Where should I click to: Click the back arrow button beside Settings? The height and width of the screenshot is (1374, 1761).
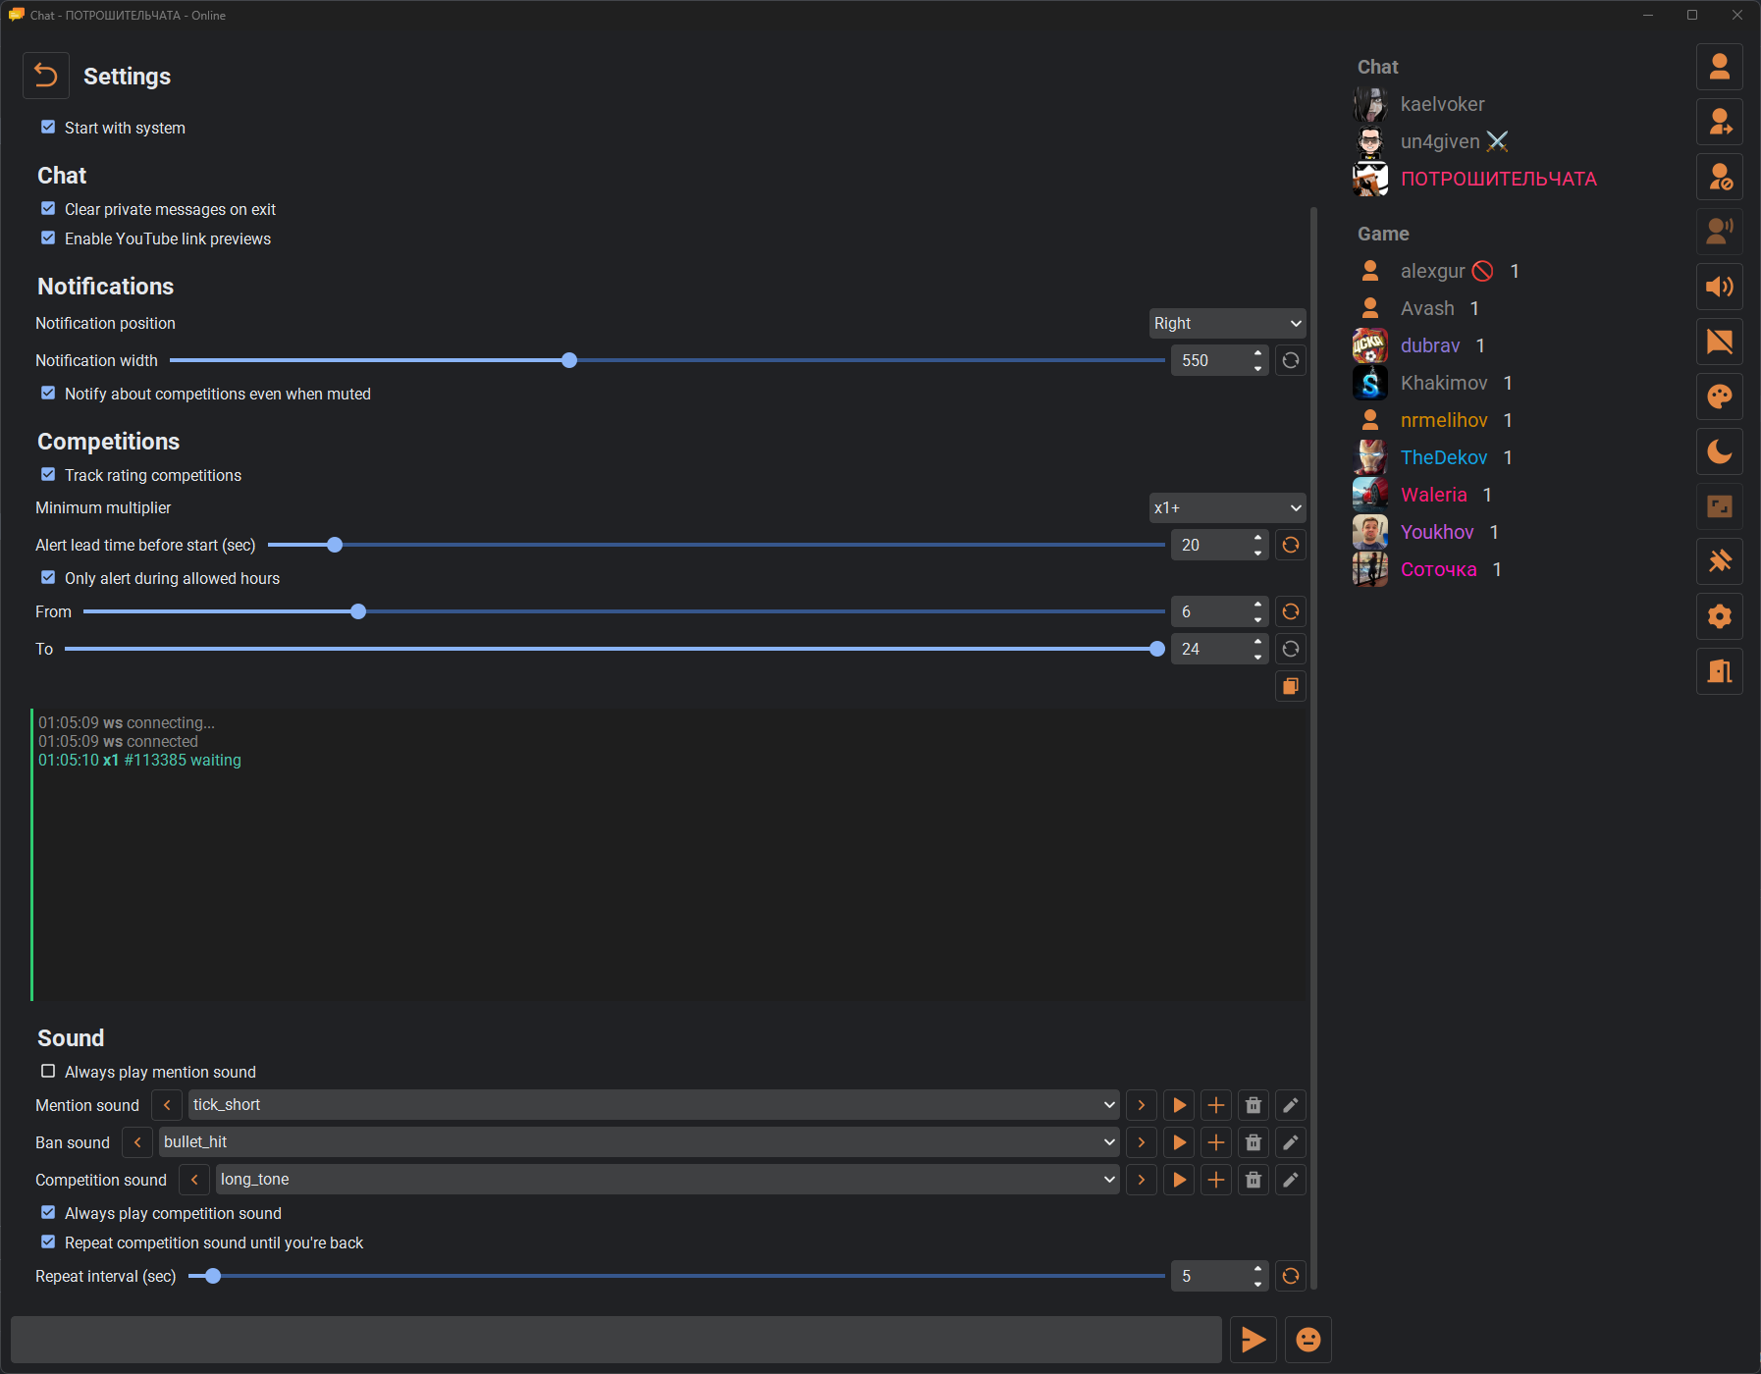pos(46,76)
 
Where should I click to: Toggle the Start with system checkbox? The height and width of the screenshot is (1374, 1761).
pos(48,128)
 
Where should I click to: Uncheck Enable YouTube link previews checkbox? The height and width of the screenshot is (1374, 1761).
pos(48,238)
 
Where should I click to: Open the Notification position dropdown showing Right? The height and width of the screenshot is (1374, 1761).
pos(1227,323)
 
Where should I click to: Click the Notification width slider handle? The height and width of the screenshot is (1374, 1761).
pos(569,360)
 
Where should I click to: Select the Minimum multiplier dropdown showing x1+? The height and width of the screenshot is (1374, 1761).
pos(1227,507)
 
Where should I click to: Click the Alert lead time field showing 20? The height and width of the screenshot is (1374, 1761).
pos(1212,545)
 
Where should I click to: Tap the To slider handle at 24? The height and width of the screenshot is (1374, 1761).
pos(1157,649)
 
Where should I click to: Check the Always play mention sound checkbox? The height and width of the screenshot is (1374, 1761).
pos(48,1072)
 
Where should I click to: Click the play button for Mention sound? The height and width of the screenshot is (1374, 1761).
pos(1179,1105)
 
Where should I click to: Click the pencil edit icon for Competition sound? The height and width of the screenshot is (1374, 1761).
pos(1291,1180)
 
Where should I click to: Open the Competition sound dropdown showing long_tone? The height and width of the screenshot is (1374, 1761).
pos(667,1180)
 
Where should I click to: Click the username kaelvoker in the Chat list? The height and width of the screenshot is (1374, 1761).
pos(1442,104)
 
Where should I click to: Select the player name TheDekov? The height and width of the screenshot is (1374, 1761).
pos(1444,457)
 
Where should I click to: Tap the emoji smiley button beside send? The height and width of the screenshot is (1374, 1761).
pos(1308,1340)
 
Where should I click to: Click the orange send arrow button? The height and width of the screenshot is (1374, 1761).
pos(1254,1340)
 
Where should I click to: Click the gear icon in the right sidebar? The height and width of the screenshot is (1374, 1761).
pos(1720,616)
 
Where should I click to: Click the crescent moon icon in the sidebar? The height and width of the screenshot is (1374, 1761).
pos(1720,451)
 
